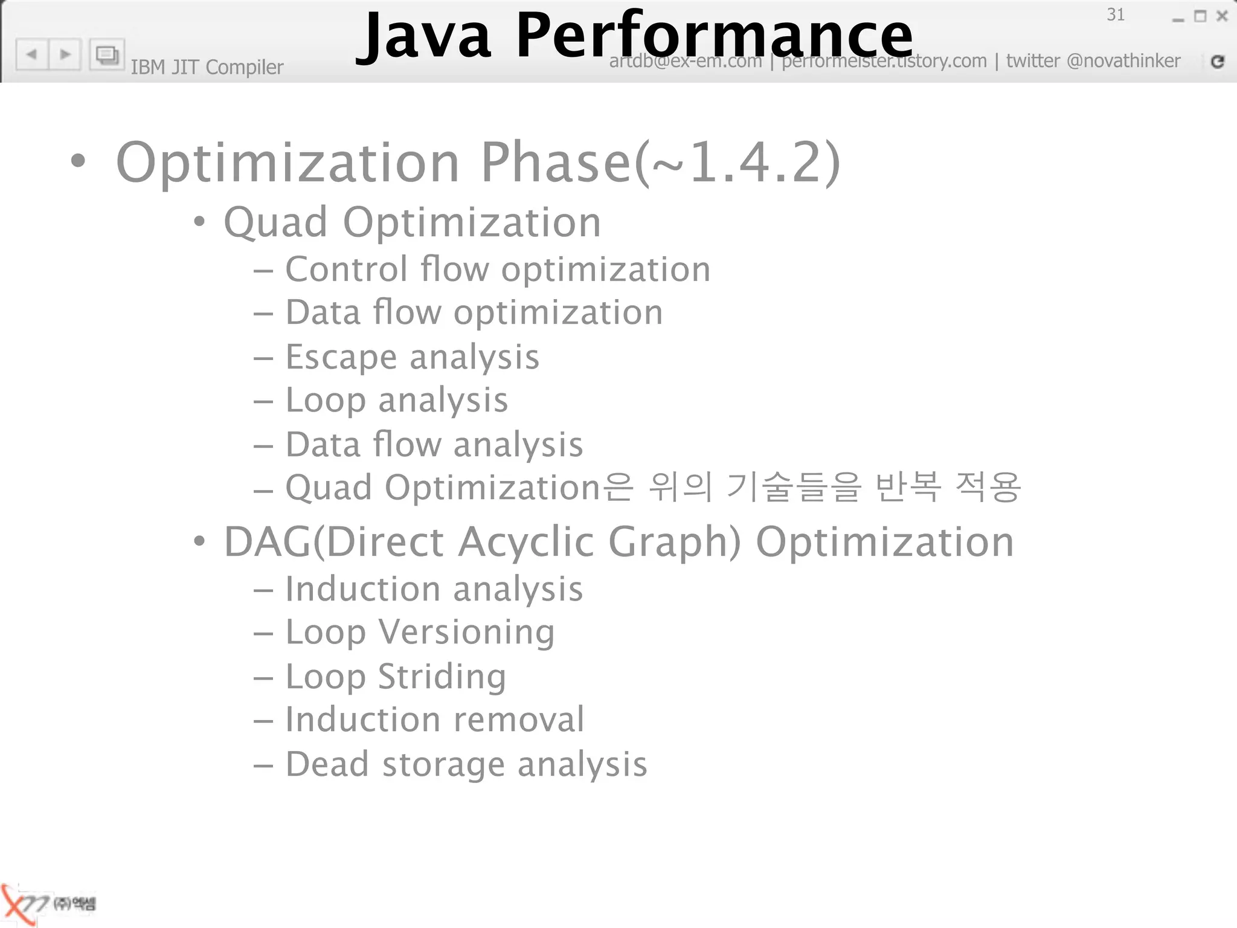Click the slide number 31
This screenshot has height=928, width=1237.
tap(1115, 14)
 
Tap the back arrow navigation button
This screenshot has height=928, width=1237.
tap(32, 54)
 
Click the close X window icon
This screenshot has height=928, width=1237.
tap(1222, 16)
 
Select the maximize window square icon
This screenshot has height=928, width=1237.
tap(1200, 16)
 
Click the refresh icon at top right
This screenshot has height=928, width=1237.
tap(1218, 61)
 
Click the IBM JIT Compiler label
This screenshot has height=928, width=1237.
tap(207, 67)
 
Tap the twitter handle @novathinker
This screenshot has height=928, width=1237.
tap(1123, 60)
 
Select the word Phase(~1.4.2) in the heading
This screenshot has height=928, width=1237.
tap(660, 162)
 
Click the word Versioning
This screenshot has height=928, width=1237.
tap(466, 633)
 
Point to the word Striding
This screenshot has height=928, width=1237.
tap(442, 676)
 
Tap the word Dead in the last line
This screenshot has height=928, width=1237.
tap(327, 764)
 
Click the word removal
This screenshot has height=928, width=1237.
tap(519, 720)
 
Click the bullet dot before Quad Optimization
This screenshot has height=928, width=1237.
tap(199, 222)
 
